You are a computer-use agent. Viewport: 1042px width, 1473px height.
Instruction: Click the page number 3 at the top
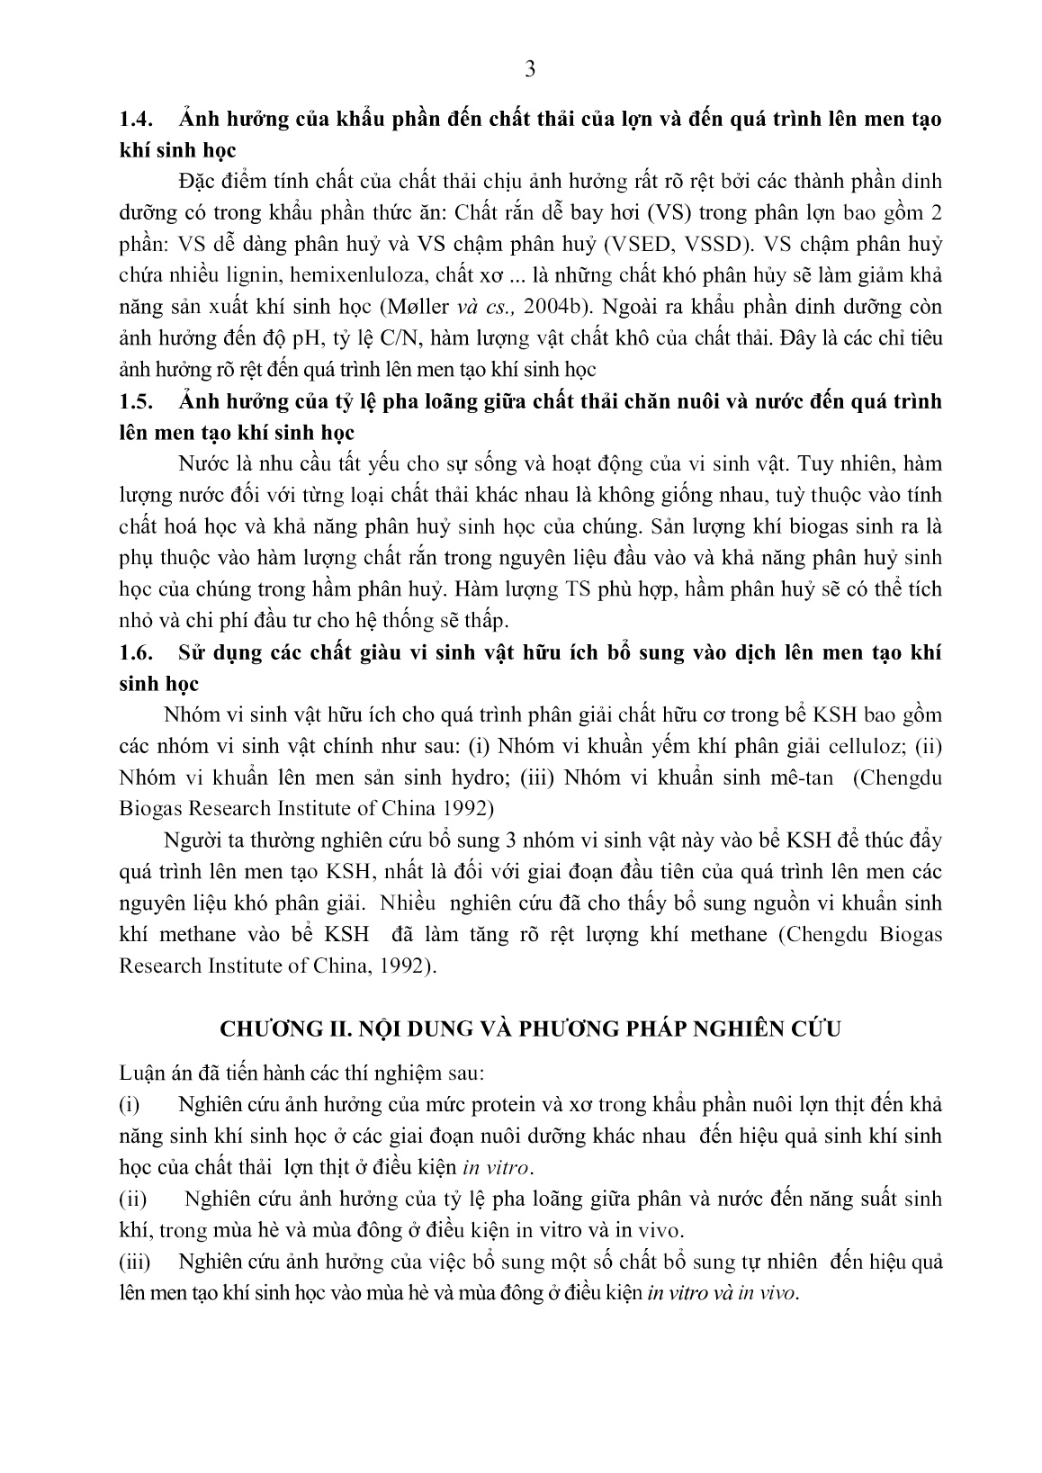(529, 69)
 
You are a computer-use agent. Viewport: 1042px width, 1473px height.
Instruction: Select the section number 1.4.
(139, 119)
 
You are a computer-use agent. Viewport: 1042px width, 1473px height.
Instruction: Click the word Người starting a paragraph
(189, 840)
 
